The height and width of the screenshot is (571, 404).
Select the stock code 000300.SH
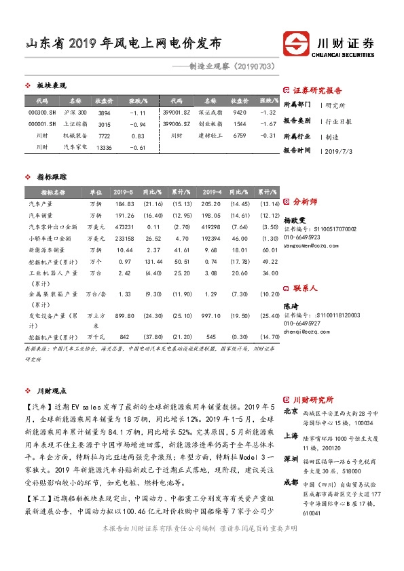coord(42,112)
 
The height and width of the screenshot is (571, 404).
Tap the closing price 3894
coord(104,112)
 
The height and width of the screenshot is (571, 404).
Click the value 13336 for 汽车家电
coord(104,147)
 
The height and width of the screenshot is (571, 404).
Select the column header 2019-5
coord(124,193)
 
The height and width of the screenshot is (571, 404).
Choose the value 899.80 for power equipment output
coord(124,315)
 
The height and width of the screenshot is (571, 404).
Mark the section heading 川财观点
coord(52,391)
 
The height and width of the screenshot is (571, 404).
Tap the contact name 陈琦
coord(290,307)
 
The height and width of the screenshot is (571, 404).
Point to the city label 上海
coord(291,437)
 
